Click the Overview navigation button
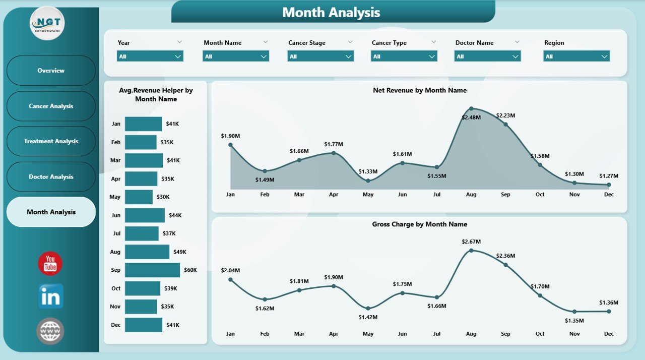click(51, 71)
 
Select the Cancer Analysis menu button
click(51, 106)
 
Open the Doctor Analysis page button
click(51, 176)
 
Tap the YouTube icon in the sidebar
click(50, 263)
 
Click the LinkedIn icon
click(51, 296)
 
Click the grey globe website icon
click(50, 331)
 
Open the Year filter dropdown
click(150, 56)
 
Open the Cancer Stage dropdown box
click(320, 56)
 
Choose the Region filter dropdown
click(576, 56)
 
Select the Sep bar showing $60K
click(152, 270)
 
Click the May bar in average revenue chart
click(139, 197)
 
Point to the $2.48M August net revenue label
click(471, 117)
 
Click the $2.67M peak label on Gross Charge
click(471, 242)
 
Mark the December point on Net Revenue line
click(609, 185)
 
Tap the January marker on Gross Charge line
click(230, 279)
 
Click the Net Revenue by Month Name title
click(419, 90)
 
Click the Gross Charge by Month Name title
click(419, 224)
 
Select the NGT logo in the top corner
click(47, 23)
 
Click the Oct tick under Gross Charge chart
click(540, 334)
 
